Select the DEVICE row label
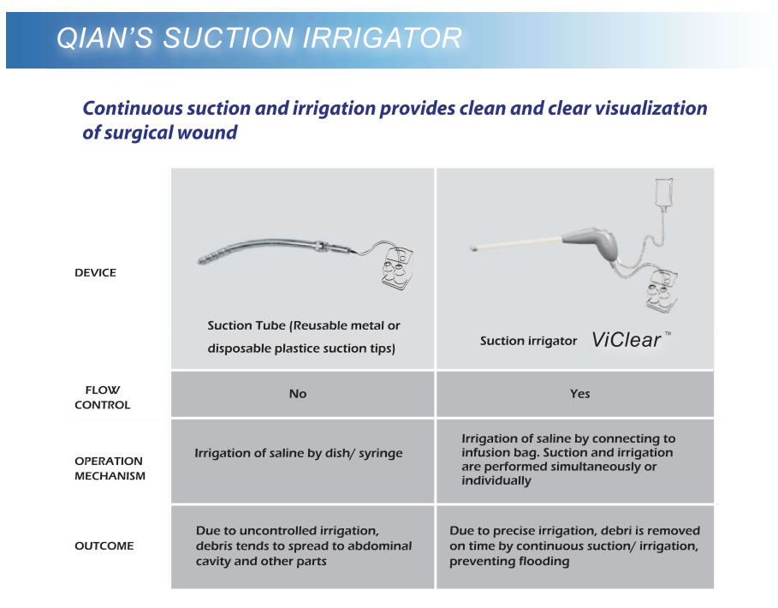(x=95, y=272)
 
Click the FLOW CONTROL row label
(x=102, y=397)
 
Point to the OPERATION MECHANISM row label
(x=110, y=468)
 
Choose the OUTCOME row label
(x=104, y=545)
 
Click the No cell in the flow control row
(x=298, y=394)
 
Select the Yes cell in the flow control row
(x=579, y=394)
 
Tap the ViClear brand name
(x=627, y=340)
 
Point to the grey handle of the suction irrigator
(x=593, y=243)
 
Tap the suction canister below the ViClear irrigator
(x=662, y=291)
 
